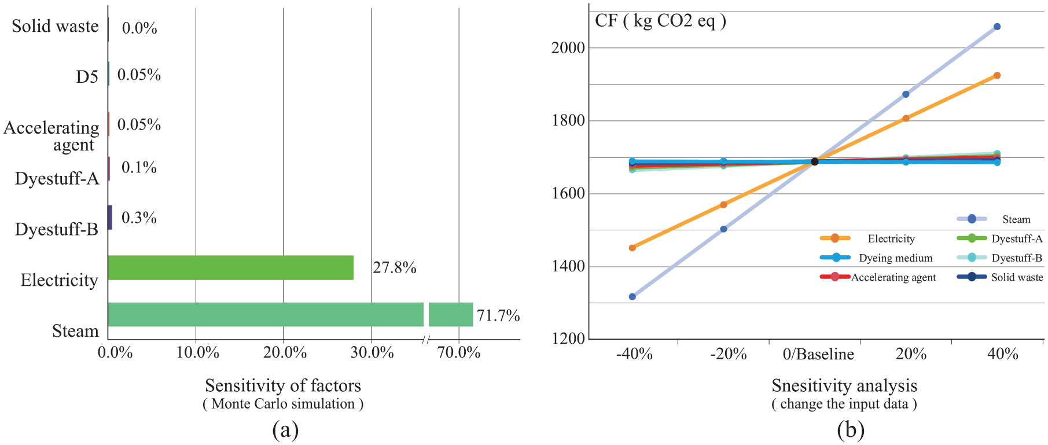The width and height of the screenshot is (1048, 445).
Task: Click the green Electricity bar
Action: [x=231, y=267]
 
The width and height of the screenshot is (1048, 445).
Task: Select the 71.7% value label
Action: [x=498, y=315]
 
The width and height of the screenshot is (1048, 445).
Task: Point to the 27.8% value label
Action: [x=395, y=267]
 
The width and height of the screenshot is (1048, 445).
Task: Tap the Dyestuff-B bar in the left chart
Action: [x=110, y=217]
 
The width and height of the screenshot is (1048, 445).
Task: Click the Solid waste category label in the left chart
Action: [x=56, y=26]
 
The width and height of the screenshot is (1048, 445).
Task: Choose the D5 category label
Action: [x=87, y=76]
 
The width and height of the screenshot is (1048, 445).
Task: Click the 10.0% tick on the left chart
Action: [x=198, y=352]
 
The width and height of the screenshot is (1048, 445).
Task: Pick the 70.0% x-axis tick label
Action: [x=459, y=352]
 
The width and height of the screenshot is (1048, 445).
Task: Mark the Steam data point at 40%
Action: [x=997, y=27]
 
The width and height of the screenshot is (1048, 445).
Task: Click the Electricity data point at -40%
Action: [x=633, y=248]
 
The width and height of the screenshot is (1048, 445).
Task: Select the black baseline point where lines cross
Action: [x=815, y=161]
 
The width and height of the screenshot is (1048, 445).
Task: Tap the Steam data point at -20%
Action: [x=723, y=229]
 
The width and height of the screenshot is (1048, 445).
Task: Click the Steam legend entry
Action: [x=994, y=219]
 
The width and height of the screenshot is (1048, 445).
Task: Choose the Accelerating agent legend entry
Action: [x=878, y=277]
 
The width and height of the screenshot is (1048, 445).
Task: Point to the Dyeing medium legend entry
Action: [x=877, y=258]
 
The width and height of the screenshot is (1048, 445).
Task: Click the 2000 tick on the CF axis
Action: [x=568, y=47]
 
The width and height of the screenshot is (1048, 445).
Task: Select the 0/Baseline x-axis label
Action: [x=818, y=354]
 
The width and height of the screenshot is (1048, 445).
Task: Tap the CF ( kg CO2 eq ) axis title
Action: [x=660, y=21]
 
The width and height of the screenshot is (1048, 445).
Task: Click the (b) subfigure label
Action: [x=851, y=430]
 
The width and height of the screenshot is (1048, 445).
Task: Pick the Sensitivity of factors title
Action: [x=283, y=385]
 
